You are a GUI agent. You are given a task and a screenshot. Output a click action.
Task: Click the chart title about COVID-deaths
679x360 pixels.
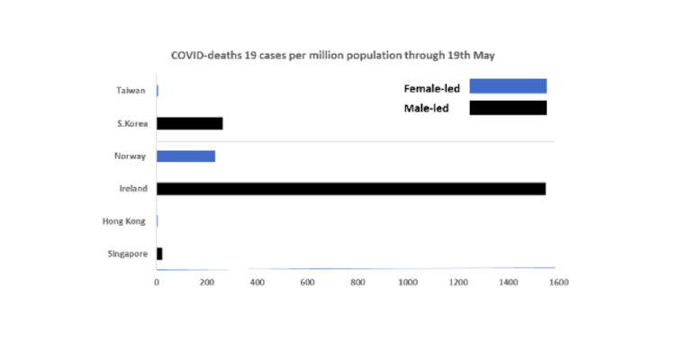coord(334,56)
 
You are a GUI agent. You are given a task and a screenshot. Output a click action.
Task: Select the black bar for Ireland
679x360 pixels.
coord(351,189)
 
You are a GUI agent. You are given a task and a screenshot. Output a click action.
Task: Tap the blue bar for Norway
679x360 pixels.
coord(186,157)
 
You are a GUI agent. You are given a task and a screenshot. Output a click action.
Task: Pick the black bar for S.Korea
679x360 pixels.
coord(189,123)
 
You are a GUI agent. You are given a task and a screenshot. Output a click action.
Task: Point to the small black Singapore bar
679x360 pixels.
coord(159,254)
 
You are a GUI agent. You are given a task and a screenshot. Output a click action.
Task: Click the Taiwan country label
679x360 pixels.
coord(131,91)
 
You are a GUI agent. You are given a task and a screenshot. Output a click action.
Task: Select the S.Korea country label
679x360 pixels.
coord(131,124)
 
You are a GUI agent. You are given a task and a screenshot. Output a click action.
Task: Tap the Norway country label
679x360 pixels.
coord(131,157)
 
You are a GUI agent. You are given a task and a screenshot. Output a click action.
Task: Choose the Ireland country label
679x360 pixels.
coord(132,189)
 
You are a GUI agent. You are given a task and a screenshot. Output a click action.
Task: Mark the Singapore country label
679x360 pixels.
coord(127,255)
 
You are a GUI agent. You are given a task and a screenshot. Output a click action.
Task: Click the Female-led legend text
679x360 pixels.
coord(430,88)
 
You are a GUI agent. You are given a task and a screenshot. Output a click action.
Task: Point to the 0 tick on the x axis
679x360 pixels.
coord(157,283)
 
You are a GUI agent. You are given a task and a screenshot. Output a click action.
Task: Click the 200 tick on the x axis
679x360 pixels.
coord(207,283)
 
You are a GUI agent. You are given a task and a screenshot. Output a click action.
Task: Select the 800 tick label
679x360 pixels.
coord(358,283)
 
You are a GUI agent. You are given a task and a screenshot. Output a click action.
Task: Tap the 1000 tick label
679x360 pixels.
coord(408,283)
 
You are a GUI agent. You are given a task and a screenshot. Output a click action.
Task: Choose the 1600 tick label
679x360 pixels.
coord(557,283)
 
